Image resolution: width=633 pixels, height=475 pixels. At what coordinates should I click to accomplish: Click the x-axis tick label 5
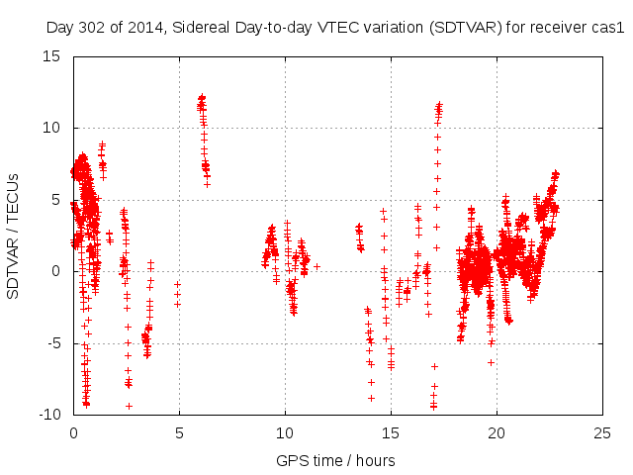pos(179,433)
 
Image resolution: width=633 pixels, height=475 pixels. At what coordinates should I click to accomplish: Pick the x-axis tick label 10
pos(285,433)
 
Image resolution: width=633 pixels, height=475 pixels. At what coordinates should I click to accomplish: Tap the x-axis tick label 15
pos(391,433)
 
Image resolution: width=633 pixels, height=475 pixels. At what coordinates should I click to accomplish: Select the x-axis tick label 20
pos(497,433)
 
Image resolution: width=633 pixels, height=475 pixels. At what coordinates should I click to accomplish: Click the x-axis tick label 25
pos(602,433)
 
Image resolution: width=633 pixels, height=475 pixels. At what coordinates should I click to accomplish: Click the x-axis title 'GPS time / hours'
pos(337,460)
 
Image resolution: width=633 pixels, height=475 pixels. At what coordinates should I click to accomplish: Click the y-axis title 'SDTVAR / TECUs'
pos(13,236)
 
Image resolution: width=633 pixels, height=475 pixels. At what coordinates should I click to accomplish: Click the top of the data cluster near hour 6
pos(202,97)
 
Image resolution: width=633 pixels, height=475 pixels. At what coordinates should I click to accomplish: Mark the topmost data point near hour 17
pos(439,103)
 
